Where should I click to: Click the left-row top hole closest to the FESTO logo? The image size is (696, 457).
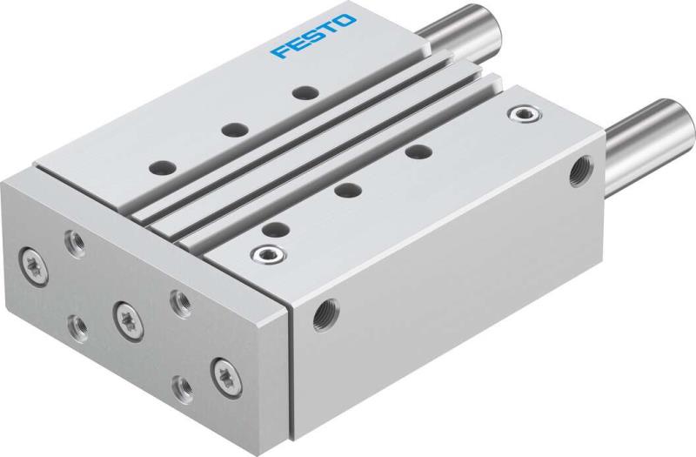[x=302, y=91]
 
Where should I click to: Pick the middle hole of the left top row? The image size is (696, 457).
[x=231, y=129]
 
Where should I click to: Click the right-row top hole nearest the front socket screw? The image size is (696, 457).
[x=275, y=230]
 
